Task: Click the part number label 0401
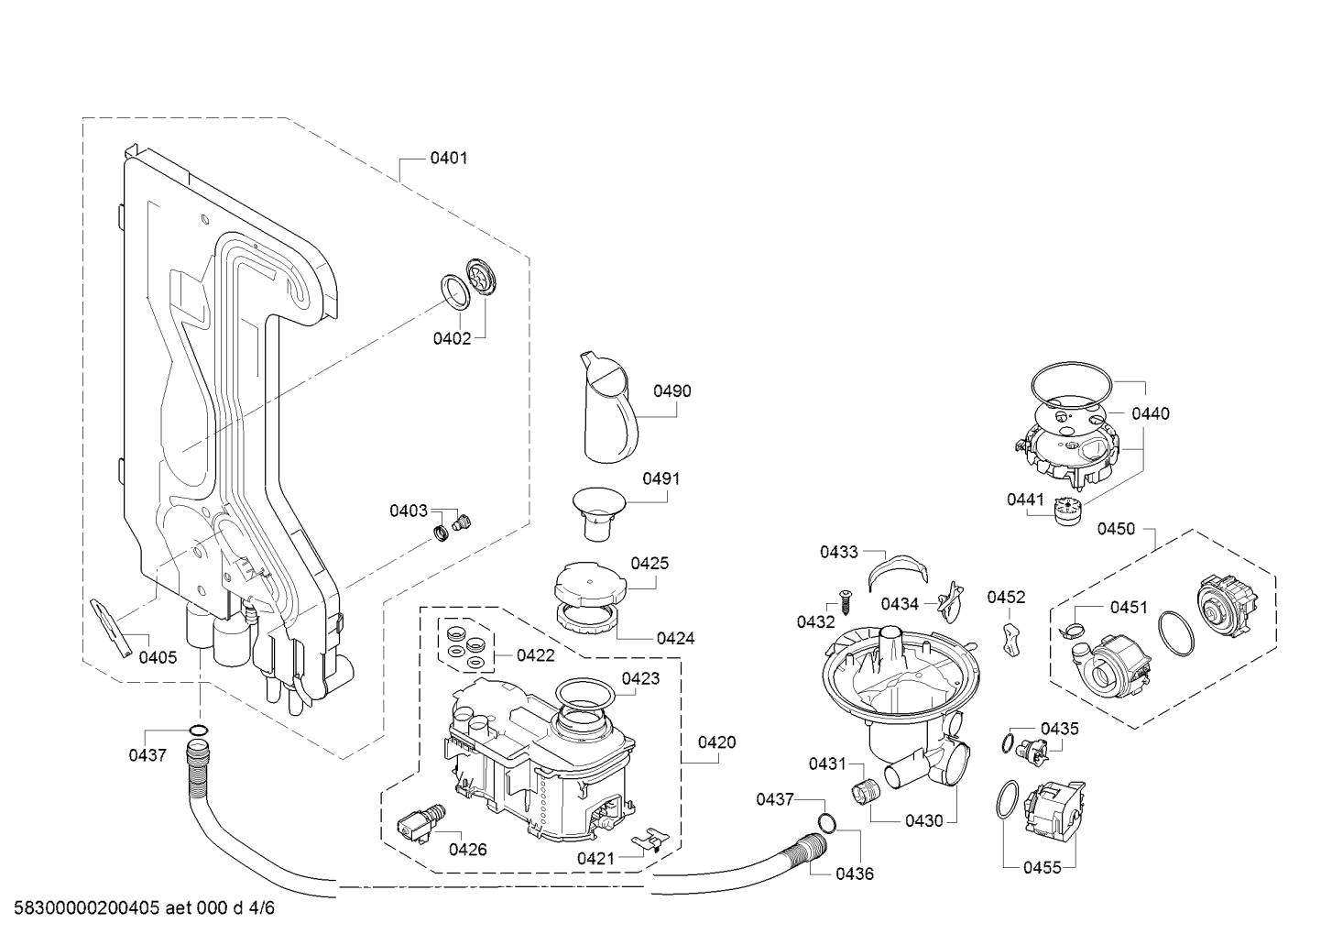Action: [449, 159]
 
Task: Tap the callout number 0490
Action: [672, 391]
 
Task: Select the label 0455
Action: [1043, 867]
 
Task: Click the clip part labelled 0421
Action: [650, 840]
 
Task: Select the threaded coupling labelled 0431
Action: [866, 790]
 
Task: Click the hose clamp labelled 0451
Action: [1075, 631]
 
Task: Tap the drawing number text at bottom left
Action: [144, 908]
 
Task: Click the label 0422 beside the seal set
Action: [536, 655]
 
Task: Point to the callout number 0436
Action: [855, 874]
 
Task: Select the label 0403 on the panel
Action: [408, 511]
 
